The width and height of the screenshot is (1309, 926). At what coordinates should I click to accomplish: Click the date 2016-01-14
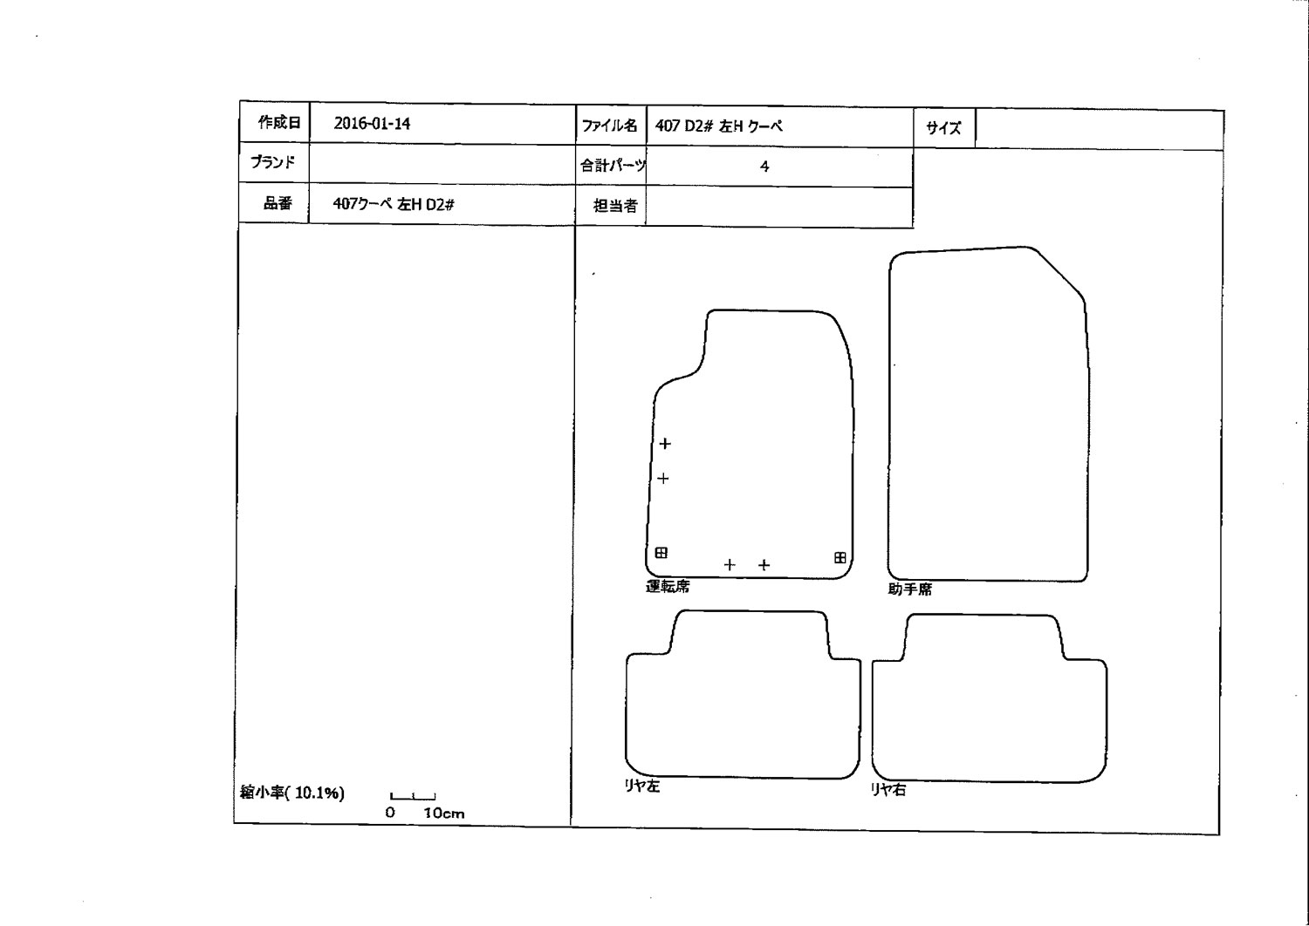tap(372, 124)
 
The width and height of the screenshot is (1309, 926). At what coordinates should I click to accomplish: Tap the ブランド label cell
tap(273, 161)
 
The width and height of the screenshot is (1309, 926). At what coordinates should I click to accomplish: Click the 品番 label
tap(278, 202)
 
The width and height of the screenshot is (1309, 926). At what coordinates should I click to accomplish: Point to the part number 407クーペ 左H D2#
tap(394, 204)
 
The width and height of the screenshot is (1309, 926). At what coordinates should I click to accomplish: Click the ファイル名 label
tap(609, 126)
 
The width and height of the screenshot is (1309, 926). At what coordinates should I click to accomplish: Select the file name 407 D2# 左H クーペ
tap(719, 126)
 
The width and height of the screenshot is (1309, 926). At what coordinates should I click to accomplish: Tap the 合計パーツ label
tap(613, 165)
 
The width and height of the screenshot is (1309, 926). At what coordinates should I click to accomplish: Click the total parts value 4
tap(764, 167)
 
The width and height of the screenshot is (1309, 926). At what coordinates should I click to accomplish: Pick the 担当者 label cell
tap(615, 206)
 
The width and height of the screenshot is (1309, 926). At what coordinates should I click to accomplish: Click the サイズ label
tap(943, 128)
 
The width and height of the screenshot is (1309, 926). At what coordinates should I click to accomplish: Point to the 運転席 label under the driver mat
tap(668, 586)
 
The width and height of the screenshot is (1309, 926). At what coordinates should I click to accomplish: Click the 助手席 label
tap(910, 589)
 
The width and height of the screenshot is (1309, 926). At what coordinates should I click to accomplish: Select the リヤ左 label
tap(642, 786)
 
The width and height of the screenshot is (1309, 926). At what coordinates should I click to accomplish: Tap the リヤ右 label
tap(888, 789)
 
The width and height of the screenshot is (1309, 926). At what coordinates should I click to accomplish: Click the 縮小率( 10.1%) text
tap(292, 793)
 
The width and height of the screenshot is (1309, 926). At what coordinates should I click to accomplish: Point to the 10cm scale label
tap(444, 814)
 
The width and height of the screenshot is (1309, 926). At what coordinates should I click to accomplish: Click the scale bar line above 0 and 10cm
tap(413, 798)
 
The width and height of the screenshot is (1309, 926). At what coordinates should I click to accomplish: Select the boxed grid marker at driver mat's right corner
tap(840, 557)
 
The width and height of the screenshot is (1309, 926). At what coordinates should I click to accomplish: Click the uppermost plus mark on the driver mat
tap(665, 444)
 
